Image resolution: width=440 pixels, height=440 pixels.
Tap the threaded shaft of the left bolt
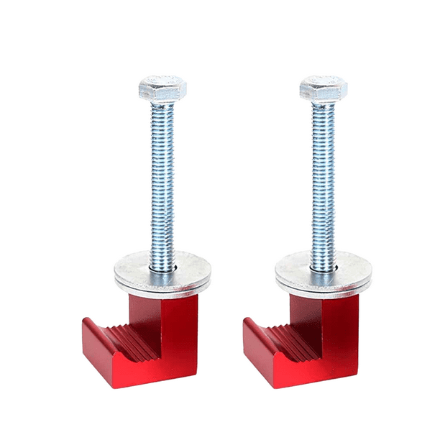162,180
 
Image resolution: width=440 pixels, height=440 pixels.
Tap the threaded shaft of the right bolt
324,180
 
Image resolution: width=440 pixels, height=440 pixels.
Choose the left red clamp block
144,345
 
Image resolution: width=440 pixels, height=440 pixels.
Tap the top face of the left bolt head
162,81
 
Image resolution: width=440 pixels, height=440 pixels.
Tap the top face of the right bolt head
324,81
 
